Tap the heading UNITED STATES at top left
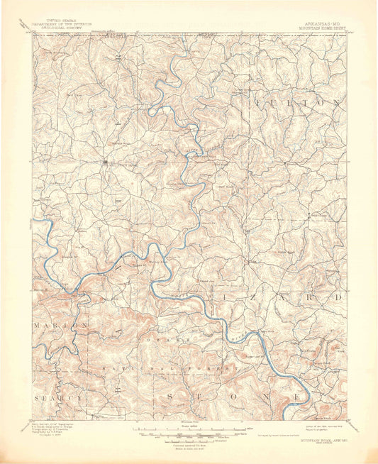[60, 23]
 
